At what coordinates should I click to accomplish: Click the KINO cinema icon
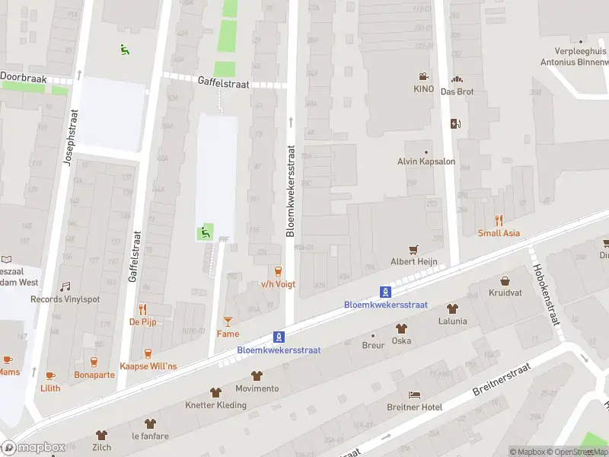pos(422,77)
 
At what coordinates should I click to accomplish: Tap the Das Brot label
pos(458,91)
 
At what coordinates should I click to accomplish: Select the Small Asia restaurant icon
pos(499,220)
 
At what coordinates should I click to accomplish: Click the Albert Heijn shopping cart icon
pos(413,249)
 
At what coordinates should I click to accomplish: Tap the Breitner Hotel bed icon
pos(414,395)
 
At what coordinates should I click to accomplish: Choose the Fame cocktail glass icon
pos(228,321)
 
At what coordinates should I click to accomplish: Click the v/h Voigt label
pos(278,284)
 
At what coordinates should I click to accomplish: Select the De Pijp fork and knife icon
pos(142,309)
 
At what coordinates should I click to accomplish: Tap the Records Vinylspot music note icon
pos(65,286)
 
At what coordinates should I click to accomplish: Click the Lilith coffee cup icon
pos(50,376)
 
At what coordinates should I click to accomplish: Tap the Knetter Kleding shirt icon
pos(216,392)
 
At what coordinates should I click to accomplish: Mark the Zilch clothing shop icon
pos(102,435)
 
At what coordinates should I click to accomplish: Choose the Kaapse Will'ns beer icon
pos(148,353)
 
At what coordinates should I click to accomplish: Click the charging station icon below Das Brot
pos(456,124)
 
